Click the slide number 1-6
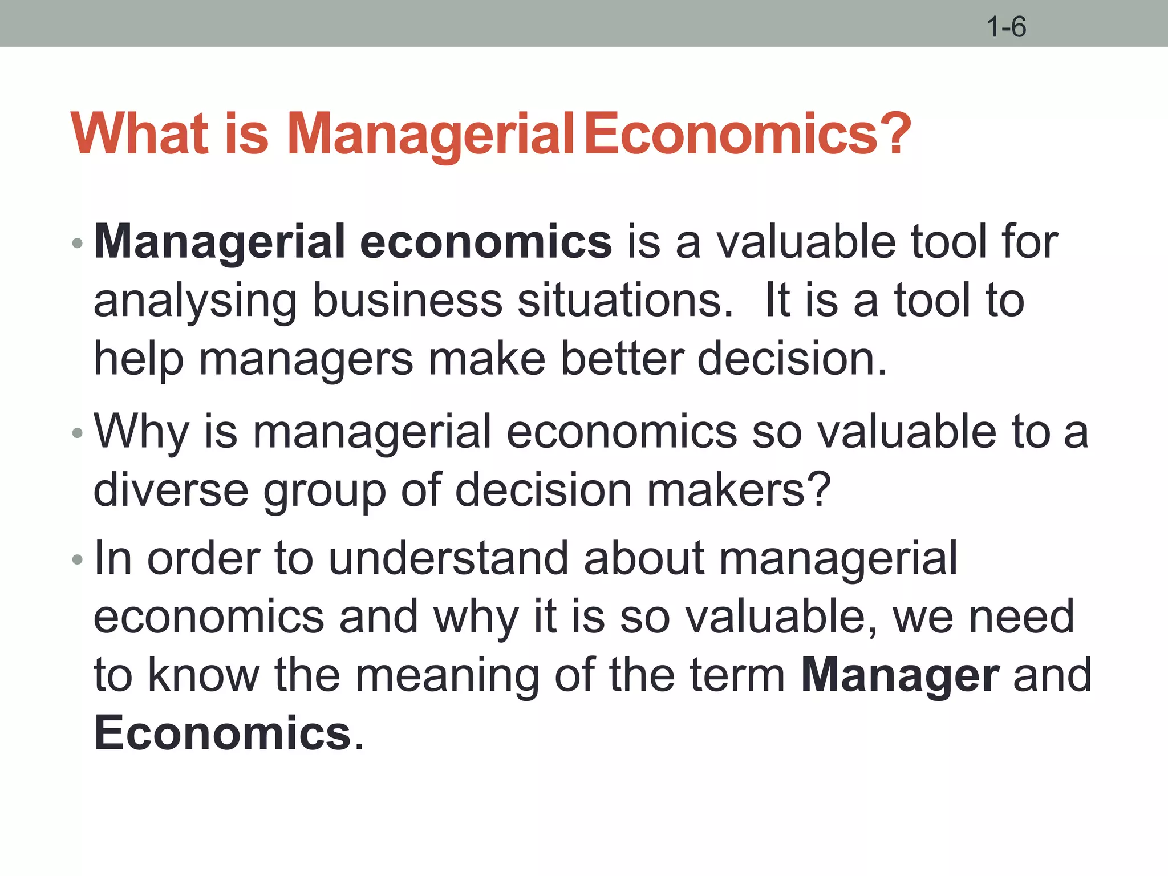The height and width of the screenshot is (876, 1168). (x=1007, y=27)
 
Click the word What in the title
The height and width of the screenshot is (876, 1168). (x=140, y=134)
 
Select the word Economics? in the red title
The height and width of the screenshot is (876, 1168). (x=747, y=134)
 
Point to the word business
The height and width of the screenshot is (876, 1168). (x=407, y=301)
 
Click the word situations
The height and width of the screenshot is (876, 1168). (x=625, y=301)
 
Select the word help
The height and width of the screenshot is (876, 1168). (x=139, y=360)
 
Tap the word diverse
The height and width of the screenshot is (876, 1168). (x=171, y=490)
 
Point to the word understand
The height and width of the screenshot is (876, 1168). (x=448, y=558)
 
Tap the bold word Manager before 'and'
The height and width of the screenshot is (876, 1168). (x=900, y=676)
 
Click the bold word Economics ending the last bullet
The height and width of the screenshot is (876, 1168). (x=222, y=733)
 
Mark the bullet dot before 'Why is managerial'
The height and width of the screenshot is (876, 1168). (x=78, y=434)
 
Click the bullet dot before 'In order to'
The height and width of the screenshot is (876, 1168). (x=78, y=560)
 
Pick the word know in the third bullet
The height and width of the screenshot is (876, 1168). (x=204, y=675)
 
